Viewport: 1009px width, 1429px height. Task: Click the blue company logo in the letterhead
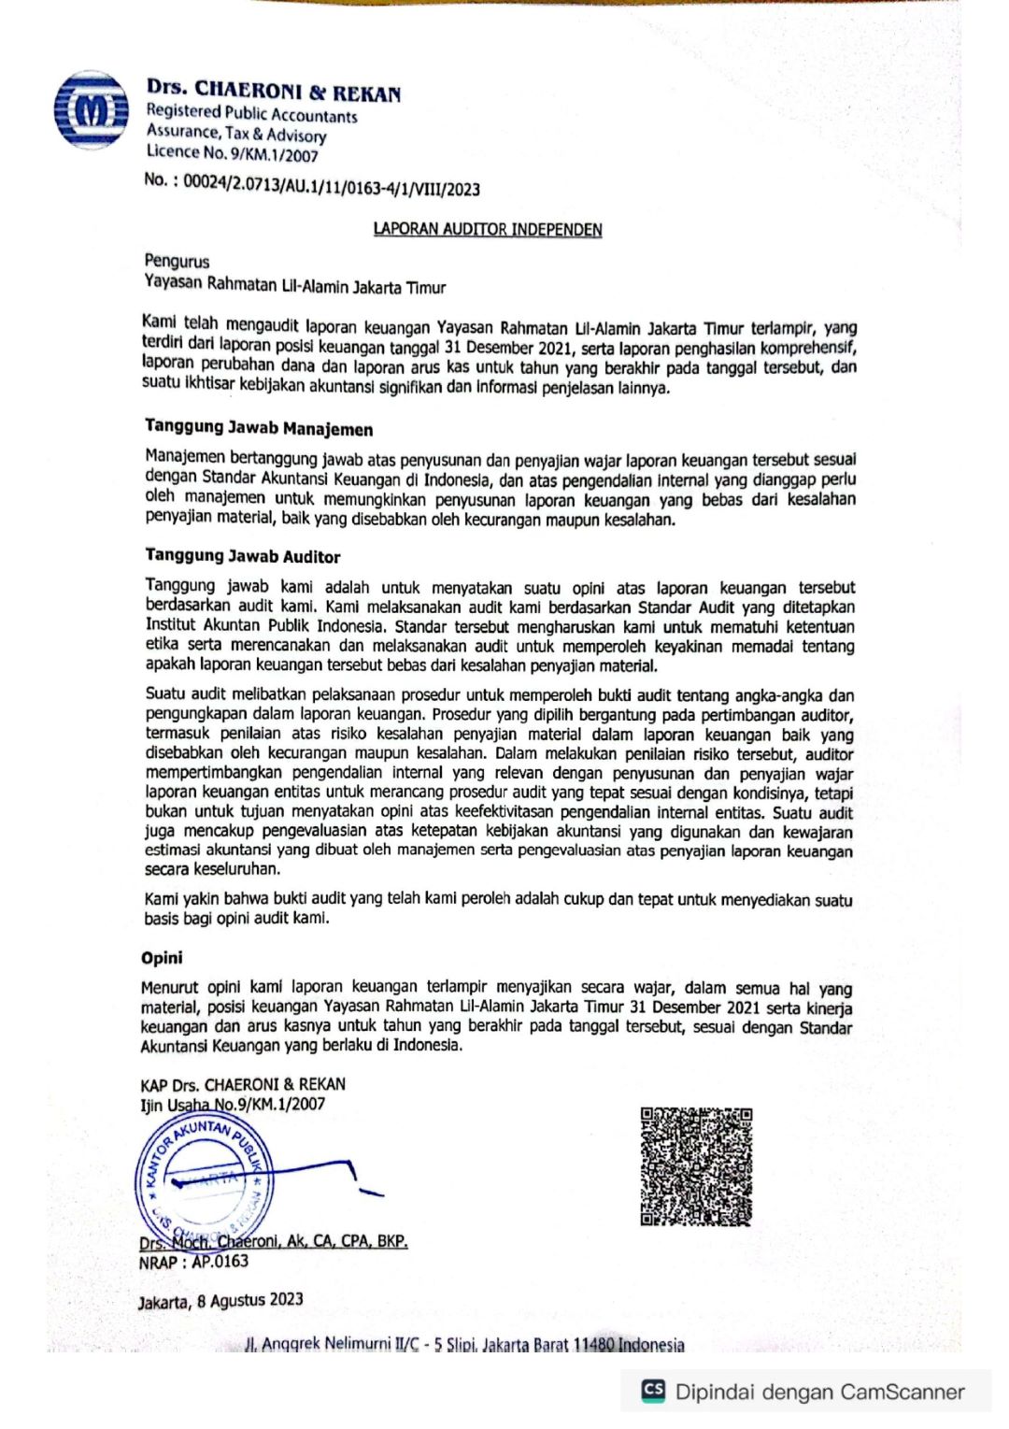click(91, 110)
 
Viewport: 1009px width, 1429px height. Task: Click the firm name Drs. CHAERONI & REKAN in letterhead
click(273, 91)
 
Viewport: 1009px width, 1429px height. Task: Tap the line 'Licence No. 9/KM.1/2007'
click(232, 153)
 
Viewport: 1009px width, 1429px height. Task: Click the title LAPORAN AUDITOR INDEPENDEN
click(487, 229)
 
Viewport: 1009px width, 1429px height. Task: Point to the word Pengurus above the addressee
click(177, 261)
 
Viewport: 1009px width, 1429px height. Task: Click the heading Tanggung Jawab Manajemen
click(259, 428)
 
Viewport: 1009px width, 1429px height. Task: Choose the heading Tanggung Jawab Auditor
click(242, 556)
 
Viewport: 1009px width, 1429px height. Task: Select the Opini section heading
click(162, 957)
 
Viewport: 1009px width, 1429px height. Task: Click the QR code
click(696, 1165)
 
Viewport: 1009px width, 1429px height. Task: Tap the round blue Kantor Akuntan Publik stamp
click(204, 1179)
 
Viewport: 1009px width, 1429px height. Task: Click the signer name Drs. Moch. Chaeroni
click(273, 1241)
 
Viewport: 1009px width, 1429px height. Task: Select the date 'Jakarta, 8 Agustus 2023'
click(220, 1300)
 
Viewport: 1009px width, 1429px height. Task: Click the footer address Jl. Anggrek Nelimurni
click(463, 1344)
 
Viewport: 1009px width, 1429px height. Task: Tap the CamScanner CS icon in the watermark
click(653, 1390)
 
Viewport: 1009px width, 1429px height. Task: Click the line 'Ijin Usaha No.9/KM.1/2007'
click(233, 1104)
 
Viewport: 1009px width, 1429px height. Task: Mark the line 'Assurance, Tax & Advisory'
click(236, 134)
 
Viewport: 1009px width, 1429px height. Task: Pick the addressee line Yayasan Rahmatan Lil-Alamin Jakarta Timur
click(294, 286)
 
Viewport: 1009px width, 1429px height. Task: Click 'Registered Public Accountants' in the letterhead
click(251, 114)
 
